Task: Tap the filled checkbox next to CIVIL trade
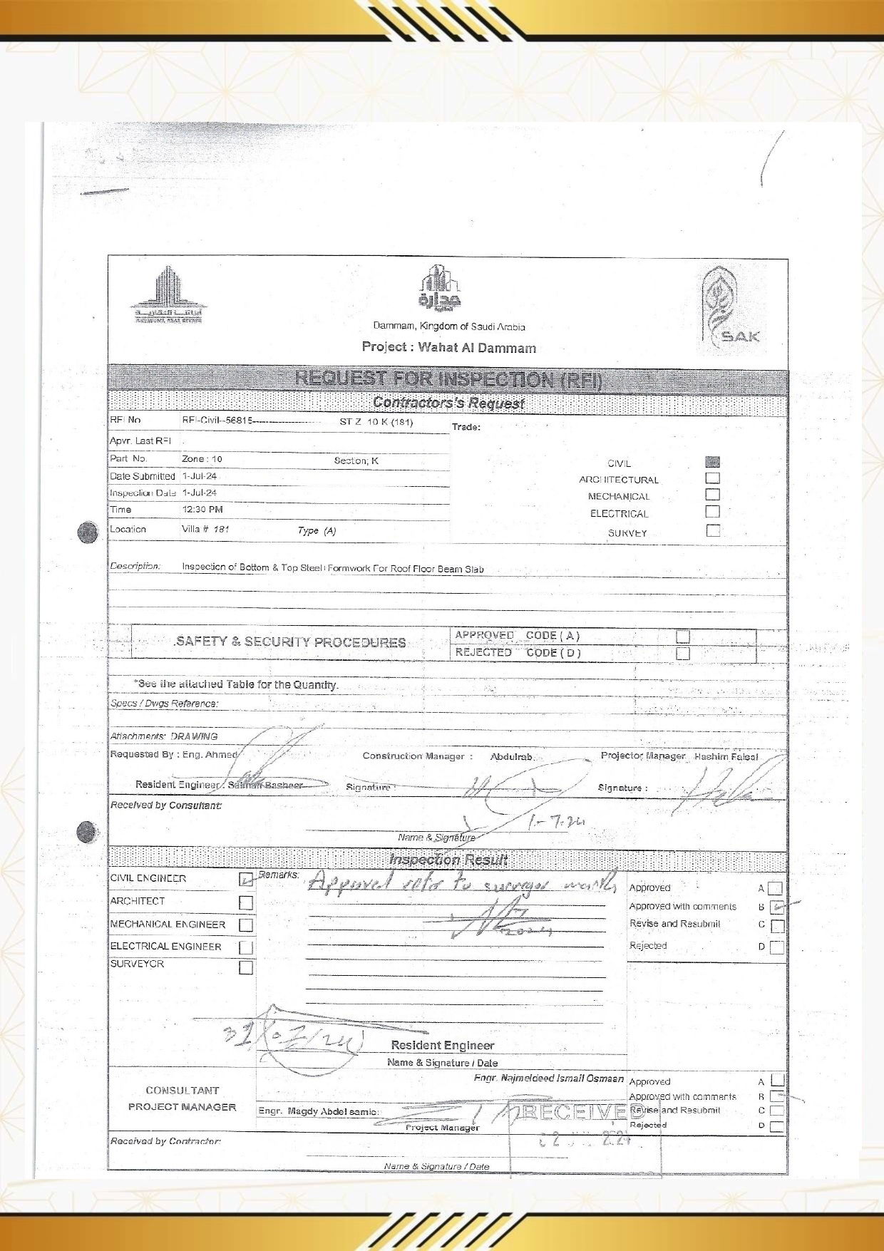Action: click(x=712, y=462)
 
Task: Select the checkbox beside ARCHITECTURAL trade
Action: click(x=712, y=478)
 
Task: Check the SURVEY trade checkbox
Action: click(x=713, y=530)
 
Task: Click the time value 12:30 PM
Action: click(x=202, y=510)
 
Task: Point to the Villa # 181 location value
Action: click(x=205, y=530)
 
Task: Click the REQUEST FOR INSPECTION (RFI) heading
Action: click(x=448, y=379)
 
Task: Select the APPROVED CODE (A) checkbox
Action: click(x=683, y=636)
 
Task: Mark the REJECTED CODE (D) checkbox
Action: click(x=683, y=653)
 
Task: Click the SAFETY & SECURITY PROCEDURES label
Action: click(x=290, y=642)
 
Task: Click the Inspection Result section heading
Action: click(x=448, y=860)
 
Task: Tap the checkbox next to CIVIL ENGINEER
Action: click(x=246, y=879)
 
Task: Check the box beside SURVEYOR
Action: click(x=246, y=967)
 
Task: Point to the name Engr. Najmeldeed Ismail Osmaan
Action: click(x=548, y=1078)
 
